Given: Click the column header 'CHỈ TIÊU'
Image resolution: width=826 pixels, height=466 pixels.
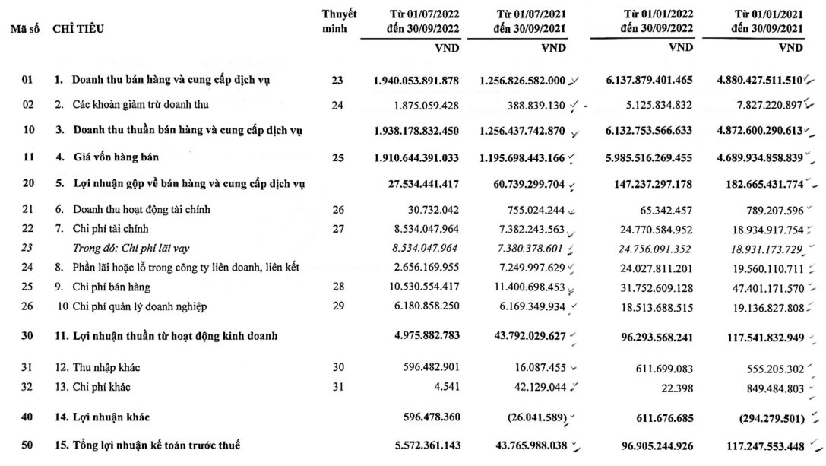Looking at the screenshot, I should pos(79,29).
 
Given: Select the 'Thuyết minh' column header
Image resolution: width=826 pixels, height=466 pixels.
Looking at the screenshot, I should pos(339,21).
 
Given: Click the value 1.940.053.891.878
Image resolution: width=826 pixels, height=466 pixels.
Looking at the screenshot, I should pos(416,81).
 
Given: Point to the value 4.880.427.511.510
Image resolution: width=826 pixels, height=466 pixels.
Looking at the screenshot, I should pos(747,81).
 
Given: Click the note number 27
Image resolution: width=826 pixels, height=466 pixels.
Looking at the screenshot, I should pos(337,229).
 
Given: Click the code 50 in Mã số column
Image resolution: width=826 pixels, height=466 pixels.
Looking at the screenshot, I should pos(28,445).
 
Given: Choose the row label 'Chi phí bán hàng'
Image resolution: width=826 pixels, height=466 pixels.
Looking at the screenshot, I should pos(112,287).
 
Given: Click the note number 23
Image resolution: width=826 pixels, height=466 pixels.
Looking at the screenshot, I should pos(337,81).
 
